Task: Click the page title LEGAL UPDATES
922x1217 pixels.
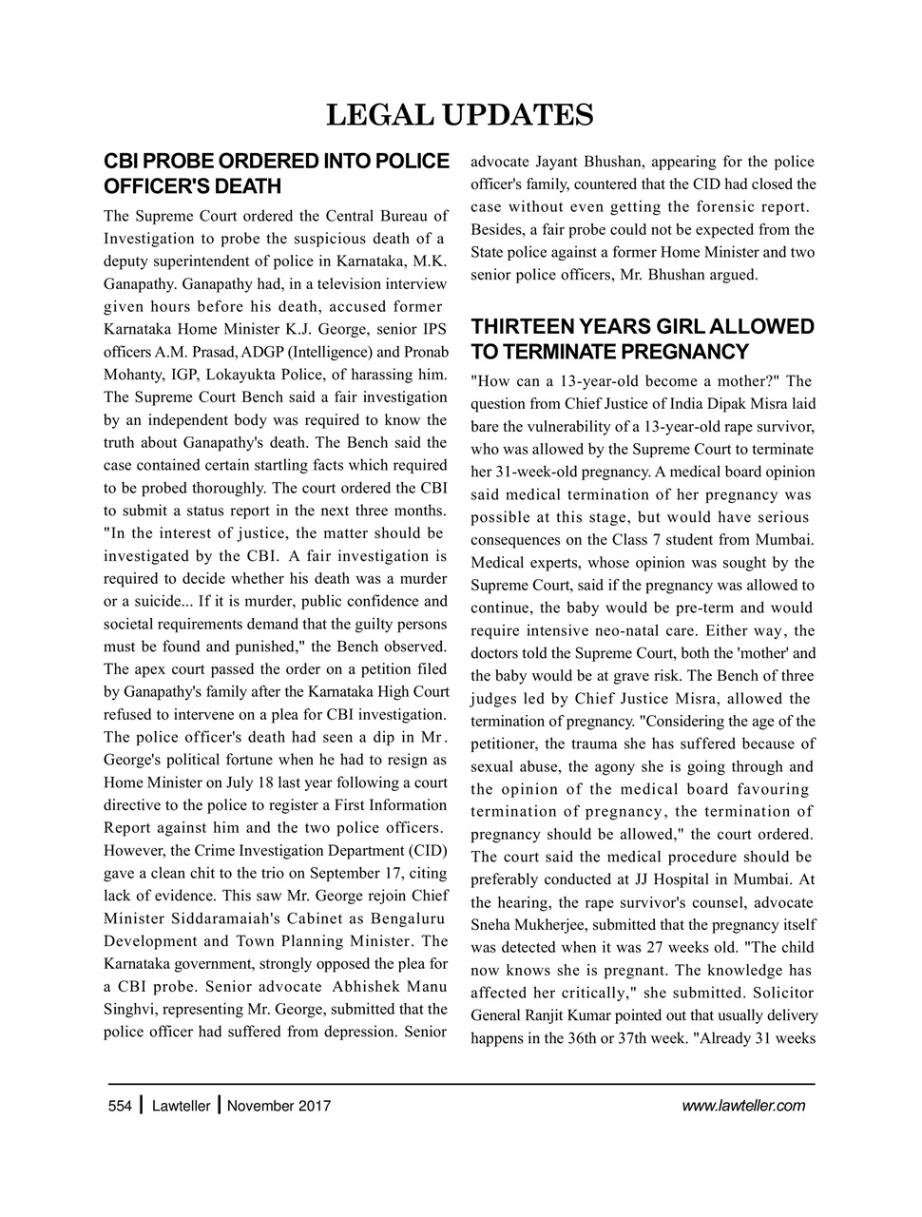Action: pos(460,115)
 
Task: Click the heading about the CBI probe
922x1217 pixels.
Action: pos(276,172)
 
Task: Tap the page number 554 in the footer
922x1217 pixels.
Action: pos(119,1106)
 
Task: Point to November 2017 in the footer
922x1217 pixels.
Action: pos(279,1106)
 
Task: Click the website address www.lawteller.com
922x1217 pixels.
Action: pos(743,1106)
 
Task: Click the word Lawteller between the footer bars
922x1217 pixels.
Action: pos(181,1106)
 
